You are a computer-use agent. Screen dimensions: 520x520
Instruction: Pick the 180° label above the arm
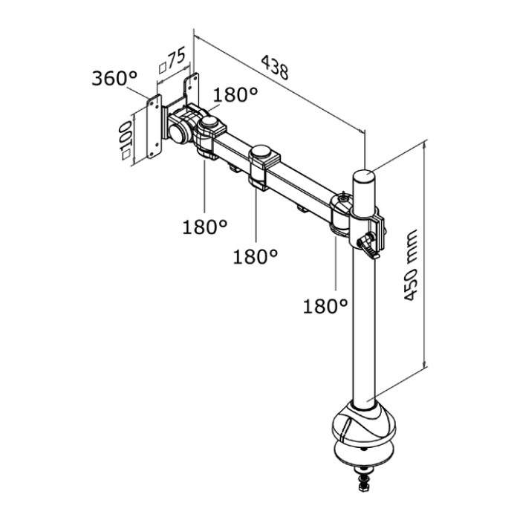(x=235, y=96)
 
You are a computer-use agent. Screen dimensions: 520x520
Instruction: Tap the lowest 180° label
(x=325, y=305)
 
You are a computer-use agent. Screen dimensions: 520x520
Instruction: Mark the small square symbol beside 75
(x=161, y=66)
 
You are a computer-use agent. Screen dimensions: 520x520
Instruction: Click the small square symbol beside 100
(x=127, y=155)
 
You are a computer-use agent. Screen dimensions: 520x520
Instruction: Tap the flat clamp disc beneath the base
(x=363, y=455)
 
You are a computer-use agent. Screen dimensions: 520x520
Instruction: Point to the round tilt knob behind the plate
(x=179, y=131)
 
